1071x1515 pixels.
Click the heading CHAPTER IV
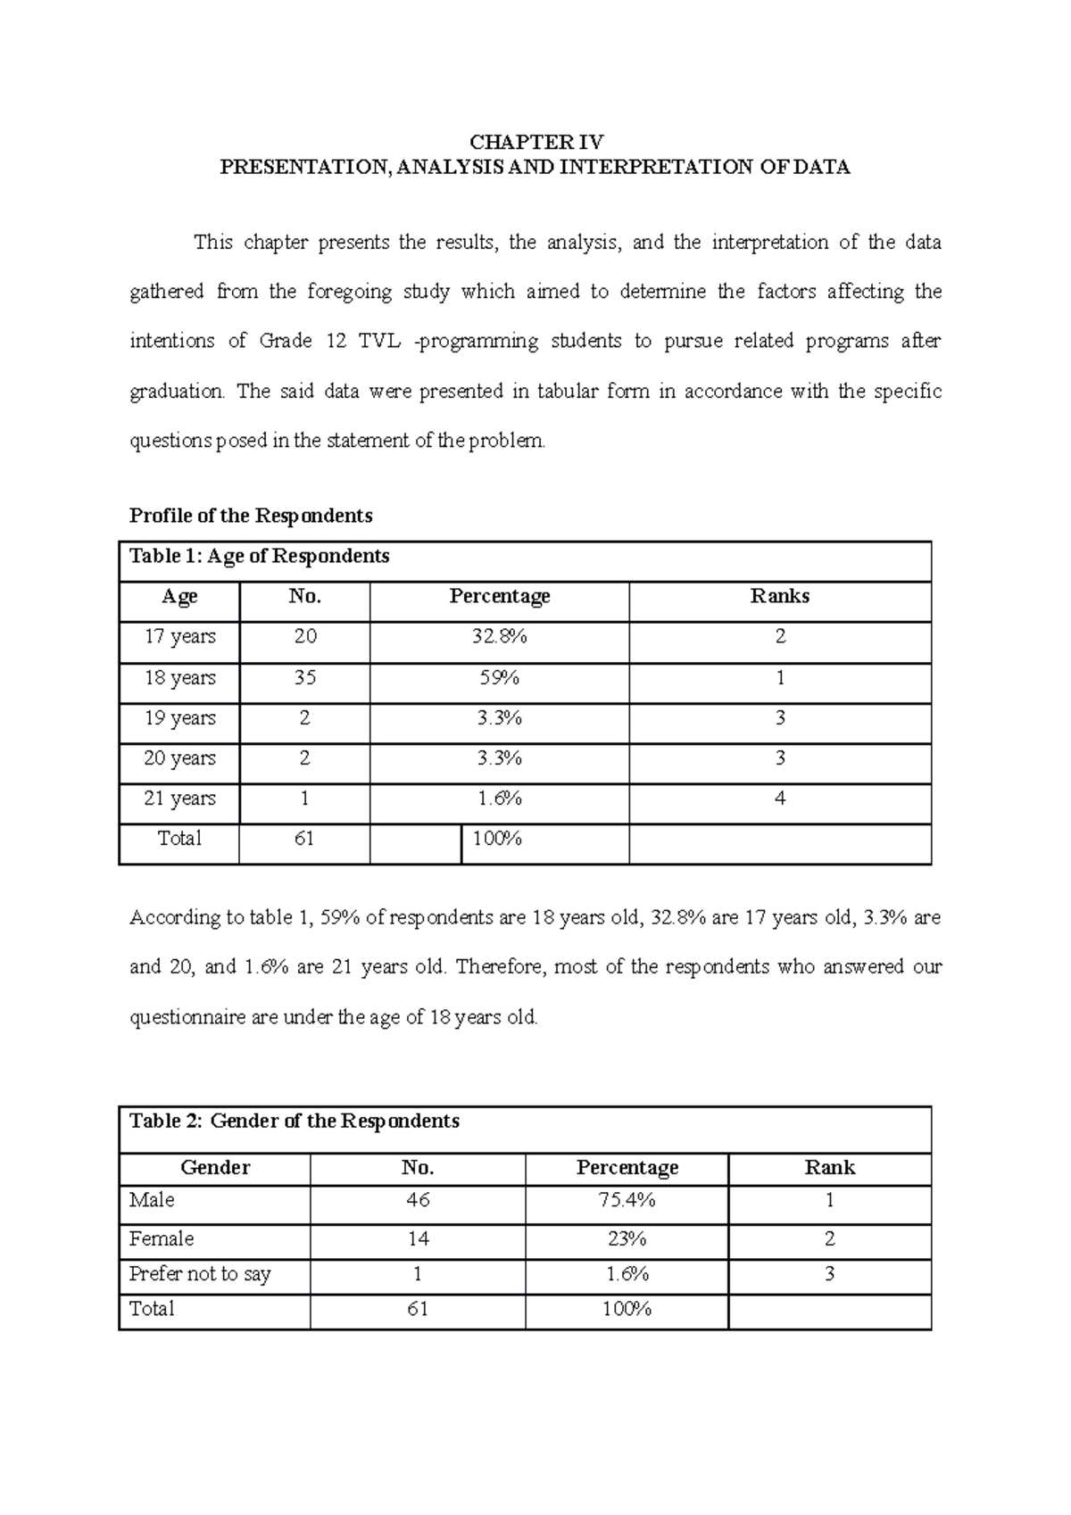click(536, 142)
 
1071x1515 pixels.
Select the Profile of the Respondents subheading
click(251, 516)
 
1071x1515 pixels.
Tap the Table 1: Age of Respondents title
click(260, 557)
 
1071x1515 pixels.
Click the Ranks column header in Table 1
click(779, 596)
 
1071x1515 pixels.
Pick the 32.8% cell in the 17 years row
click(499, 637)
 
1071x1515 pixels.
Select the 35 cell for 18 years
click(304, 678)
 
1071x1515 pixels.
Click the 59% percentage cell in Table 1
click(499, 678)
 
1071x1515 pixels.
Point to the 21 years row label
click(179, 799)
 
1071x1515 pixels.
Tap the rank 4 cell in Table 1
click(779, 799)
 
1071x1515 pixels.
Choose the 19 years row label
click(179, 718)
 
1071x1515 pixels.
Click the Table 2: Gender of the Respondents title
click(295, 1122)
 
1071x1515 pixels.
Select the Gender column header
click(215, 1168)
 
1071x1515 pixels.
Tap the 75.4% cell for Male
click(627, 1201)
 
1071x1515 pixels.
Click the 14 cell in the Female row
click(418, 1239)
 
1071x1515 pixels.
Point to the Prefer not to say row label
click(200, 1274)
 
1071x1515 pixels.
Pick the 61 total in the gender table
click(418, 1309)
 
